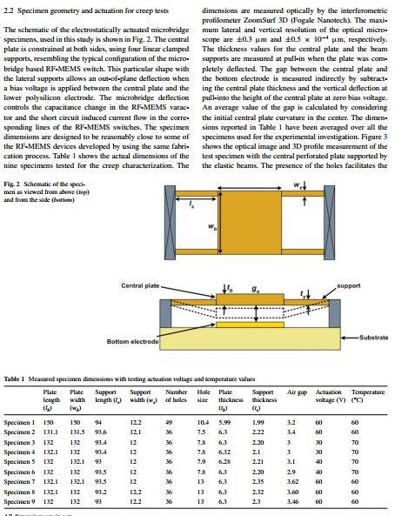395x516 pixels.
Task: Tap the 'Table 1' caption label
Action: [x=17, y=379]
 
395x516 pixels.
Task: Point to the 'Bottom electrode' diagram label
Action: [x=131, y=341]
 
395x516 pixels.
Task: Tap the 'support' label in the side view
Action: [x=348, y=285]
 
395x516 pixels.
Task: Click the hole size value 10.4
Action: [x=202, y=421]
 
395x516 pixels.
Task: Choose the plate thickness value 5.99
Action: [x=224, y=421]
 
